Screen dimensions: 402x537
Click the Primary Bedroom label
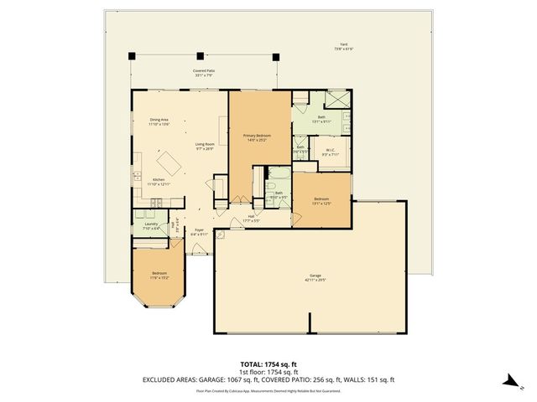pos(257,137)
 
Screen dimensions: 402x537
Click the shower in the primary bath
pos(338,99)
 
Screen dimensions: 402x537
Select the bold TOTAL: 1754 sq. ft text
pos(268,364)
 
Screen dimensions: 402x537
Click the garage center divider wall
pos(310,324)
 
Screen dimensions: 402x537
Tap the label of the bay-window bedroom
pos(159,275)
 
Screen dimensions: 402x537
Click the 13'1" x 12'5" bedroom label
pos(321,201)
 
